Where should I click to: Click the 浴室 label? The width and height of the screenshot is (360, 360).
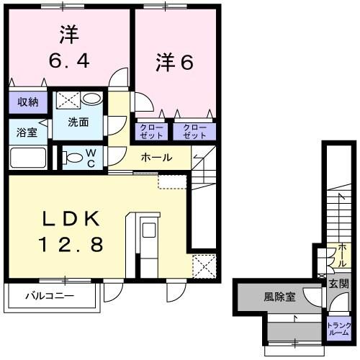tap(24, 132)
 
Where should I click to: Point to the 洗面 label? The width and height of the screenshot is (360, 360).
tap(78, 122)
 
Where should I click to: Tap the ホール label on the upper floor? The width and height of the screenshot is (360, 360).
tap(156, 157)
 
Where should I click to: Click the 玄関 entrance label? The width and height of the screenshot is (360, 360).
tap(338, 284)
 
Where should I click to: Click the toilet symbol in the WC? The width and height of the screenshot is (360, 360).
tap(72, 156)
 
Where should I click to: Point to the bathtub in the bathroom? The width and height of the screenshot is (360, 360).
tap(28, 157)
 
